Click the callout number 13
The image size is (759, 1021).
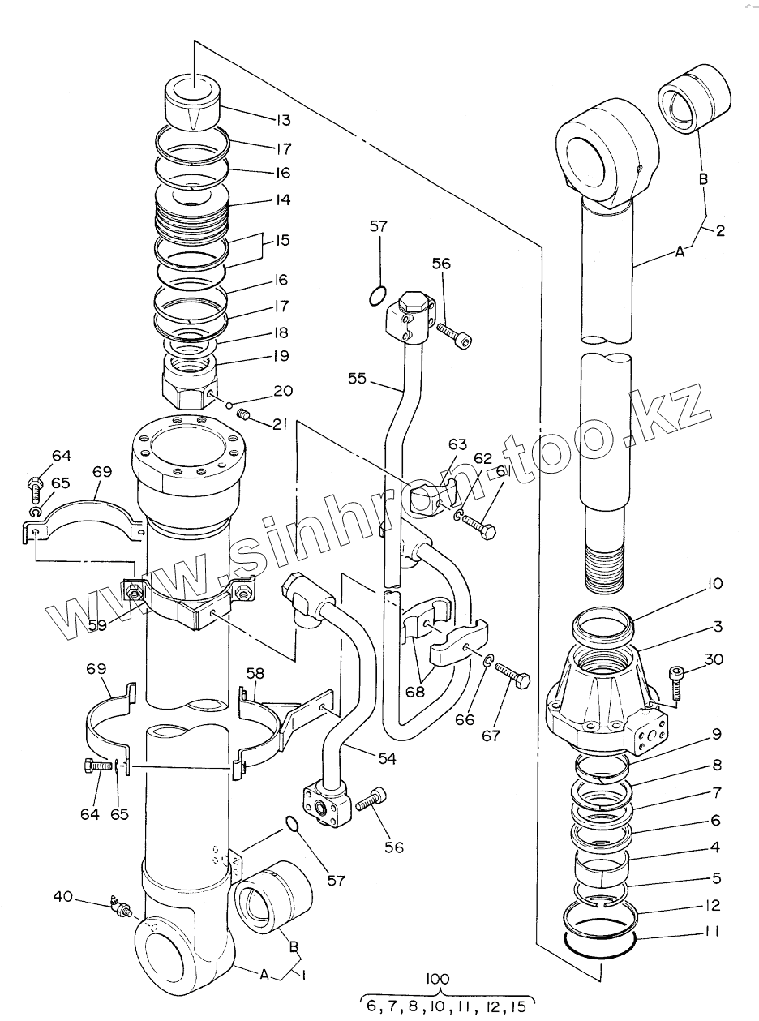coord(283,120)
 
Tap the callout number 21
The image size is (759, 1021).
coord(280,423)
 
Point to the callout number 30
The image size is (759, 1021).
coord(714,659)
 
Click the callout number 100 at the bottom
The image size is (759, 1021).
coord(438,978)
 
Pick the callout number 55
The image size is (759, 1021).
coord(357,379)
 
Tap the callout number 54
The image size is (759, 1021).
coord(387,758)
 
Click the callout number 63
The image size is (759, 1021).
coord(457,444)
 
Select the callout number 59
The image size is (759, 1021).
coord(97,624)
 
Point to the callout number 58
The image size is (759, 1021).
coord(255,674)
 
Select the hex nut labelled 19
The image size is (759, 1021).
coord(189,384)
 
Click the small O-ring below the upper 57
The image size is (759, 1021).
coord(377,295)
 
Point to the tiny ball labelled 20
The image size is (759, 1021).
coord(229,405)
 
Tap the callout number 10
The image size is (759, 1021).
coord(715,584)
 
